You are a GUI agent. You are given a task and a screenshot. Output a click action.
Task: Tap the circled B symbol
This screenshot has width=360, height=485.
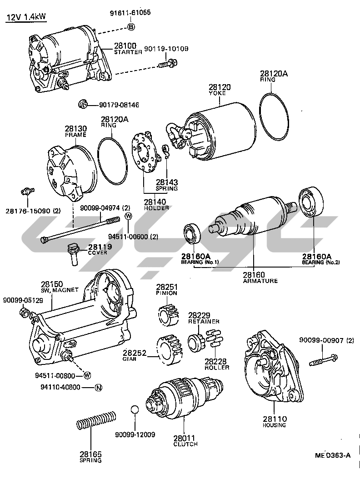131,27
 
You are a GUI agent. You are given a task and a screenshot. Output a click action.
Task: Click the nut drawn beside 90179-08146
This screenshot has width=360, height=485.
83,105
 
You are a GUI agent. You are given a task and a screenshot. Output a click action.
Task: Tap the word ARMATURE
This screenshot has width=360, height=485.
260,281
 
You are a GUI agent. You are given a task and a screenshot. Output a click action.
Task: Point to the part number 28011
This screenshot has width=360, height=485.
185,438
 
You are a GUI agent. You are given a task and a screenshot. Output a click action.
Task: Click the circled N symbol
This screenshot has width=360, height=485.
98,388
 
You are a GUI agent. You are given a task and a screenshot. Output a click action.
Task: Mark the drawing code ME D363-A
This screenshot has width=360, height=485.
333,455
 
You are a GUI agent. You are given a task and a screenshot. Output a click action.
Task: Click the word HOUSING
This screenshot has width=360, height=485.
275,425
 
